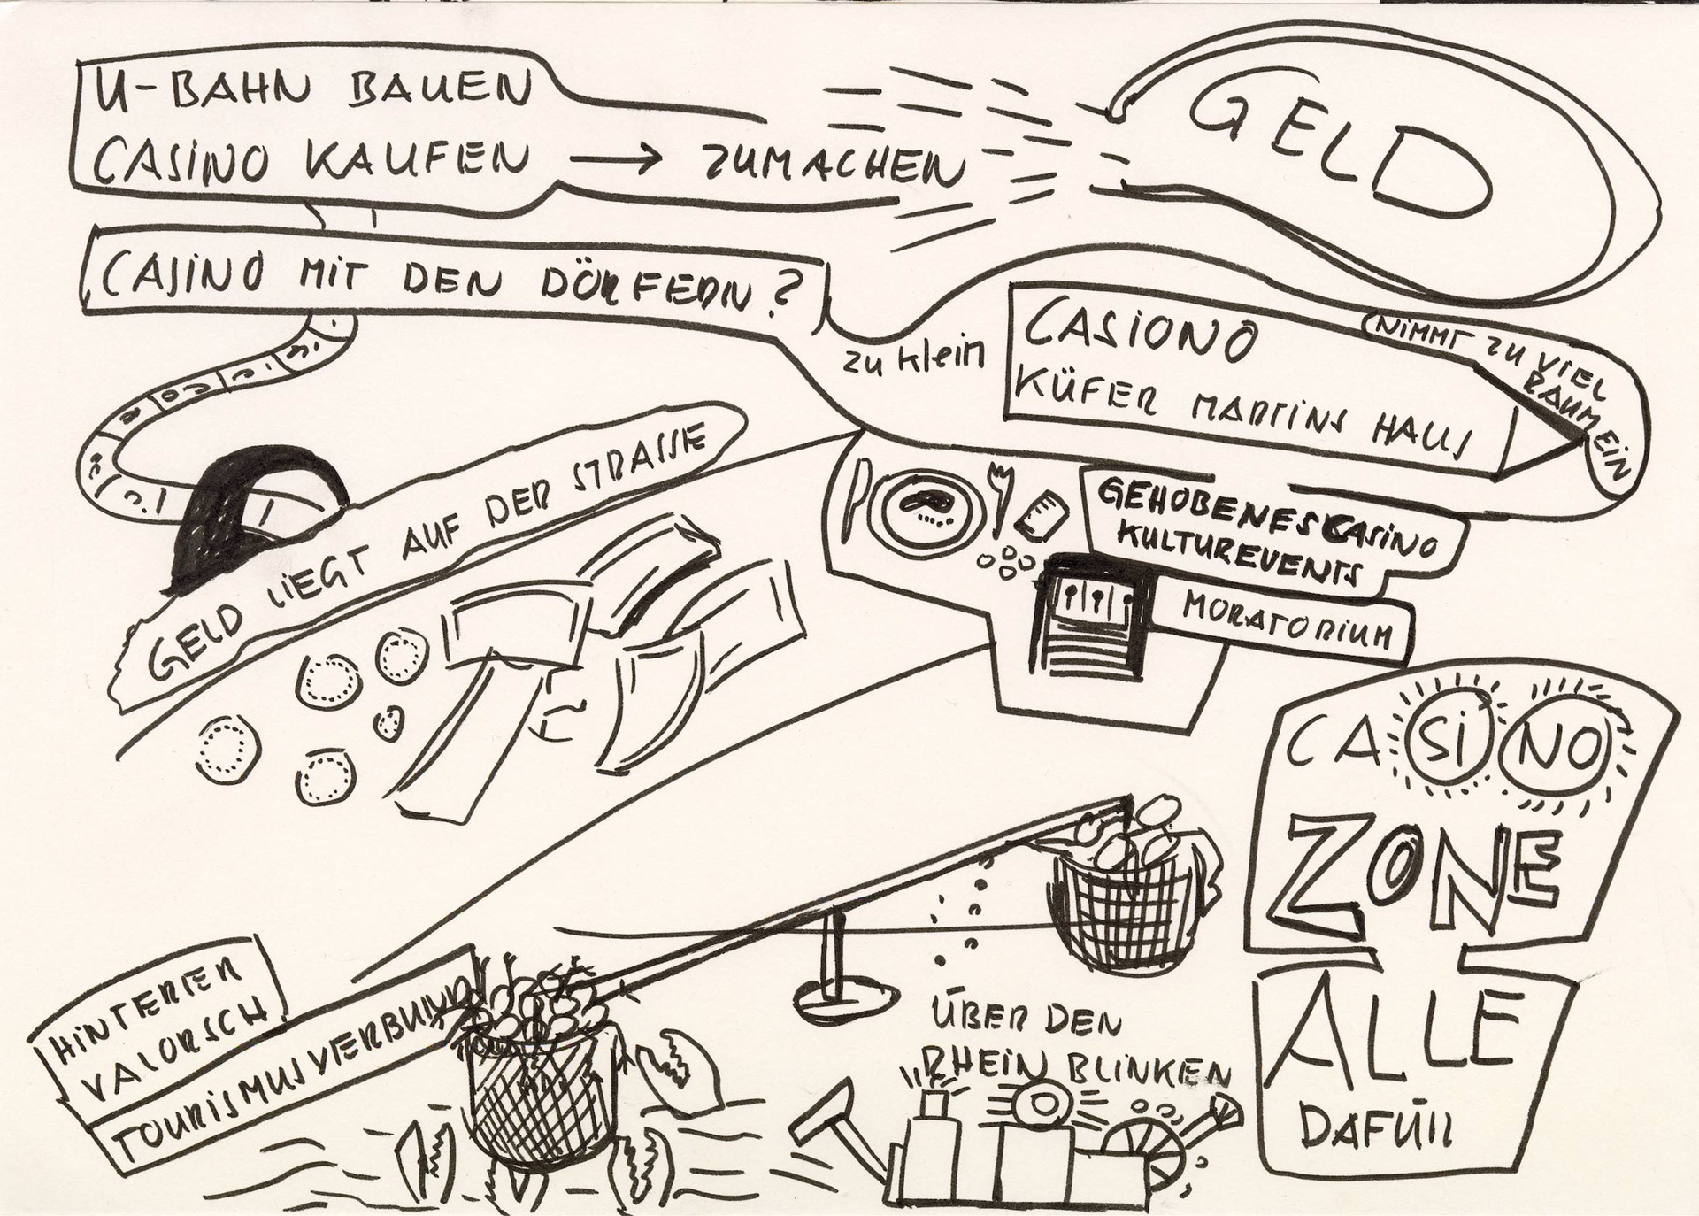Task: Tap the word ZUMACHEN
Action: tap(832, 165)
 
